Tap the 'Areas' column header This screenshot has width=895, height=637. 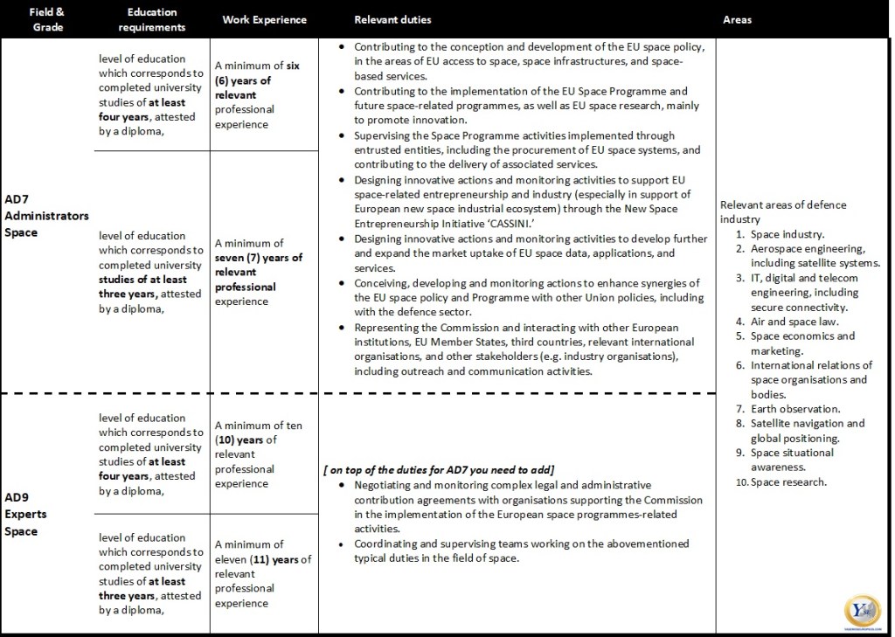tap(737, 19)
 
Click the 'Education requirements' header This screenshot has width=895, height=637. tap(152, 19)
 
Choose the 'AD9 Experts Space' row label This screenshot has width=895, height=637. tap(26, 514)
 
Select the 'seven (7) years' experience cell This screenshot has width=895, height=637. tap(258, 272)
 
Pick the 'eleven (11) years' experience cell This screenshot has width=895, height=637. tap(262, 573)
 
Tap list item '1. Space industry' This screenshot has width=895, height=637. tap(781, 234)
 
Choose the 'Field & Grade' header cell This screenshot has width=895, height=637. tap(46, 19)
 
